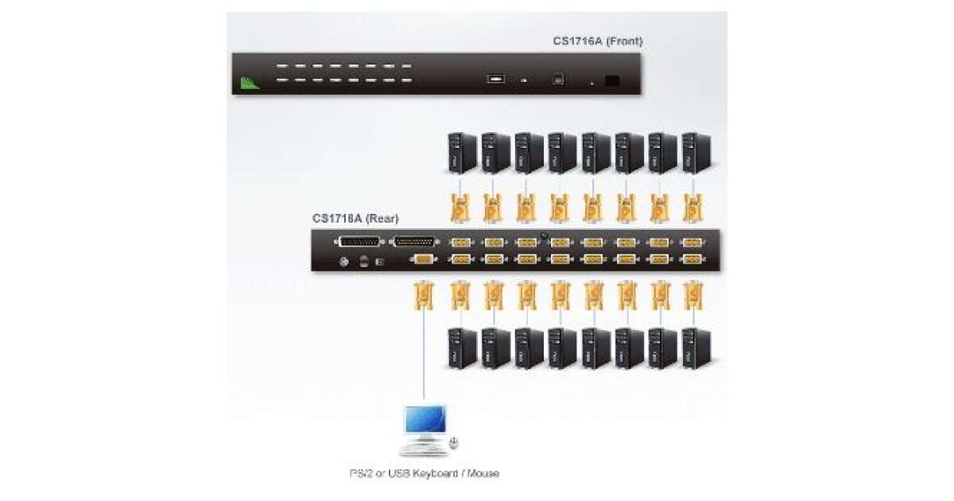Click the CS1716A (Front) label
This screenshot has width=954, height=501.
[x=598, y=41]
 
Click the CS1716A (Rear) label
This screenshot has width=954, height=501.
[x=355, y=218]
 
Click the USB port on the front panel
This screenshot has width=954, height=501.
[x=496, y=80]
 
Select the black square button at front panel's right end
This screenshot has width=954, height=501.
[x=612, y=80]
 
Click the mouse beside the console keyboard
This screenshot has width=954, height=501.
[x=454, y=442]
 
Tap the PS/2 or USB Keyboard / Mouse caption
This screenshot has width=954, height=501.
[x=425, y=473]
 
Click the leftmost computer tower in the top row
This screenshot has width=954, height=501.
[x=461, y=153]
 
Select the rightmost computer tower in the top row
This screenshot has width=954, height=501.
[x=696, y=153]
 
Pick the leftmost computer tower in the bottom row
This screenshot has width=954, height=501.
[x=461, y=348]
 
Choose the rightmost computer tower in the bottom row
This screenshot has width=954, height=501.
[x=696, y=348]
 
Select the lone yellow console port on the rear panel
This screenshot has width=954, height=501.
[x=424, y=258]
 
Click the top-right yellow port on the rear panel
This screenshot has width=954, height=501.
[x=692, y=243]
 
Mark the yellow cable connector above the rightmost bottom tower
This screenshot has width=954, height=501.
[x=693, y=298]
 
